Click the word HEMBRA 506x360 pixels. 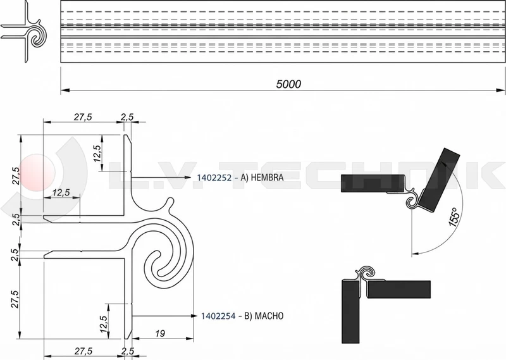(x=266, y=178)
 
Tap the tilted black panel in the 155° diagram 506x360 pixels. (x=440, y=180)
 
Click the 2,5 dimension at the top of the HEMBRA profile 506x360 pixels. (x=127, y=117)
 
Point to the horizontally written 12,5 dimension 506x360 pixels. (x=61, y=192)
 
